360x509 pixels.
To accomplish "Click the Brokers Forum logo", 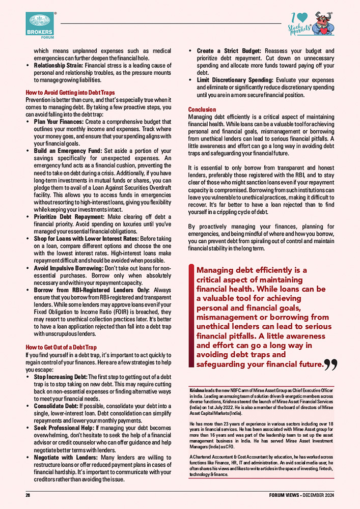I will pos(40,25).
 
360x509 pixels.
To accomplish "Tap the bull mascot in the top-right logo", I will pos(323,23).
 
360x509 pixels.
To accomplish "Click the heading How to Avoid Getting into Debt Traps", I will pos(70,93).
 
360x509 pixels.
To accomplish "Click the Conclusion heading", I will pos(202,109).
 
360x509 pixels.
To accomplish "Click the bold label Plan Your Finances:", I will pos(57,122).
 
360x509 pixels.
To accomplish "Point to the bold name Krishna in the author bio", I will pos(196,389).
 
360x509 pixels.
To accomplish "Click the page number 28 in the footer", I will pos(29,495).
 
